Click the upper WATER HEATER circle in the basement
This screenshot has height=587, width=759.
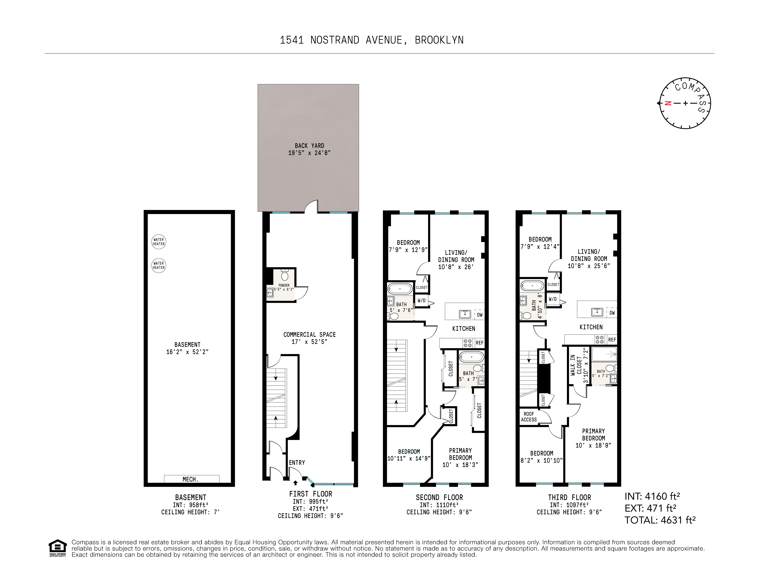click(158, 241)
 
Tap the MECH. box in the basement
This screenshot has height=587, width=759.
click(191, 479)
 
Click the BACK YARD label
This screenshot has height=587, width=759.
click(309, 146)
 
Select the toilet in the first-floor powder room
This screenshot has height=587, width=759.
click(285, 276)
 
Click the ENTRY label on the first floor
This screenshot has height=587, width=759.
click(297, 463)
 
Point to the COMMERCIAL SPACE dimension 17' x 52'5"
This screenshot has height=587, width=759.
click(309, 342)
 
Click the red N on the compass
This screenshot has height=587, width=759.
click(668, 103)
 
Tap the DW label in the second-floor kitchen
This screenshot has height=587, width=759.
click(480, 315)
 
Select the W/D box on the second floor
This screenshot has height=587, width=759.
click(422, 301)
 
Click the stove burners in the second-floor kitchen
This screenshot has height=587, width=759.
click(467, 343)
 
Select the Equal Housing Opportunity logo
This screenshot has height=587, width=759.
click(57, 548)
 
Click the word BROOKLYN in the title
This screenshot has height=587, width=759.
click(439, 40)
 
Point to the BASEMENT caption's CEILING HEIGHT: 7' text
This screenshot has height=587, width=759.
click(190, 512)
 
